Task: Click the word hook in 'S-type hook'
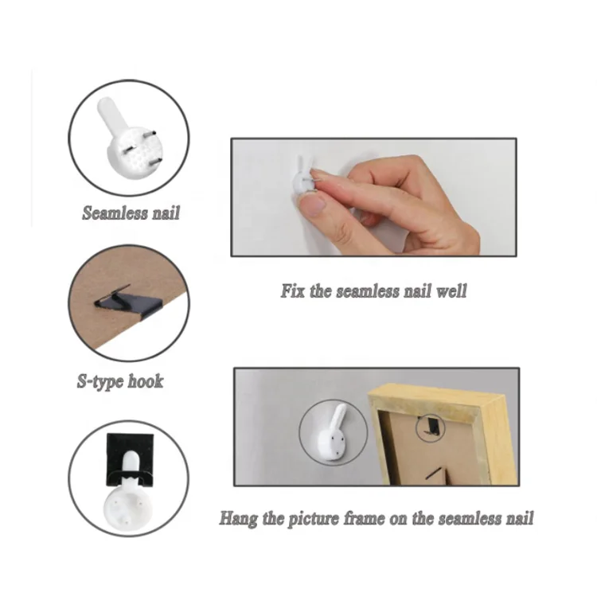pyautogui.click(x=146, y=381)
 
